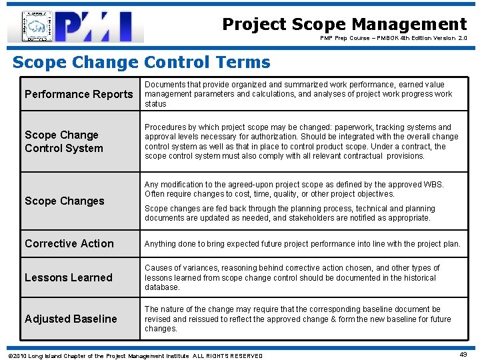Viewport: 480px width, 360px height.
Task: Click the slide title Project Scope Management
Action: coord(344,25)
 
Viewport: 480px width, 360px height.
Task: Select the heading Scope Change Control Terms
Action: coord(141,63)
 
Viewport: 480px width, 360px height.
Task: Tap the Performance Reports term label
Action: coord(79,94)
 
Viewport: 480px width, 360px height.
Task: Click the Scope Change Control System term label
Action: coord(64,141)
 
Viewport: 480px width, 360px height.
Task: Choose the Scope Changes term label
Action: coord(65,201)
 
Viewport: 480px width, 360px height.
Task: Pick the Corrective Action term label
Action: coord(69,243)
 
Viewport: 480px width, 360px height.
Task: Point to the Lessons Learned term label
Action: coord(69,277)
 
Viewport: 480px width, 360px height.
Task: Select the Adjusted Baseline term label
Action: coord(71,319)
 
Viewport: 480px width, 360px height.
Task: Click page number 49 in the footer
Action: coord(463,355)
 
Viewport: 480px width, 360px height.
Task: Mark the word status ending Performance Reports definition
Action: coord(155,104)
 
